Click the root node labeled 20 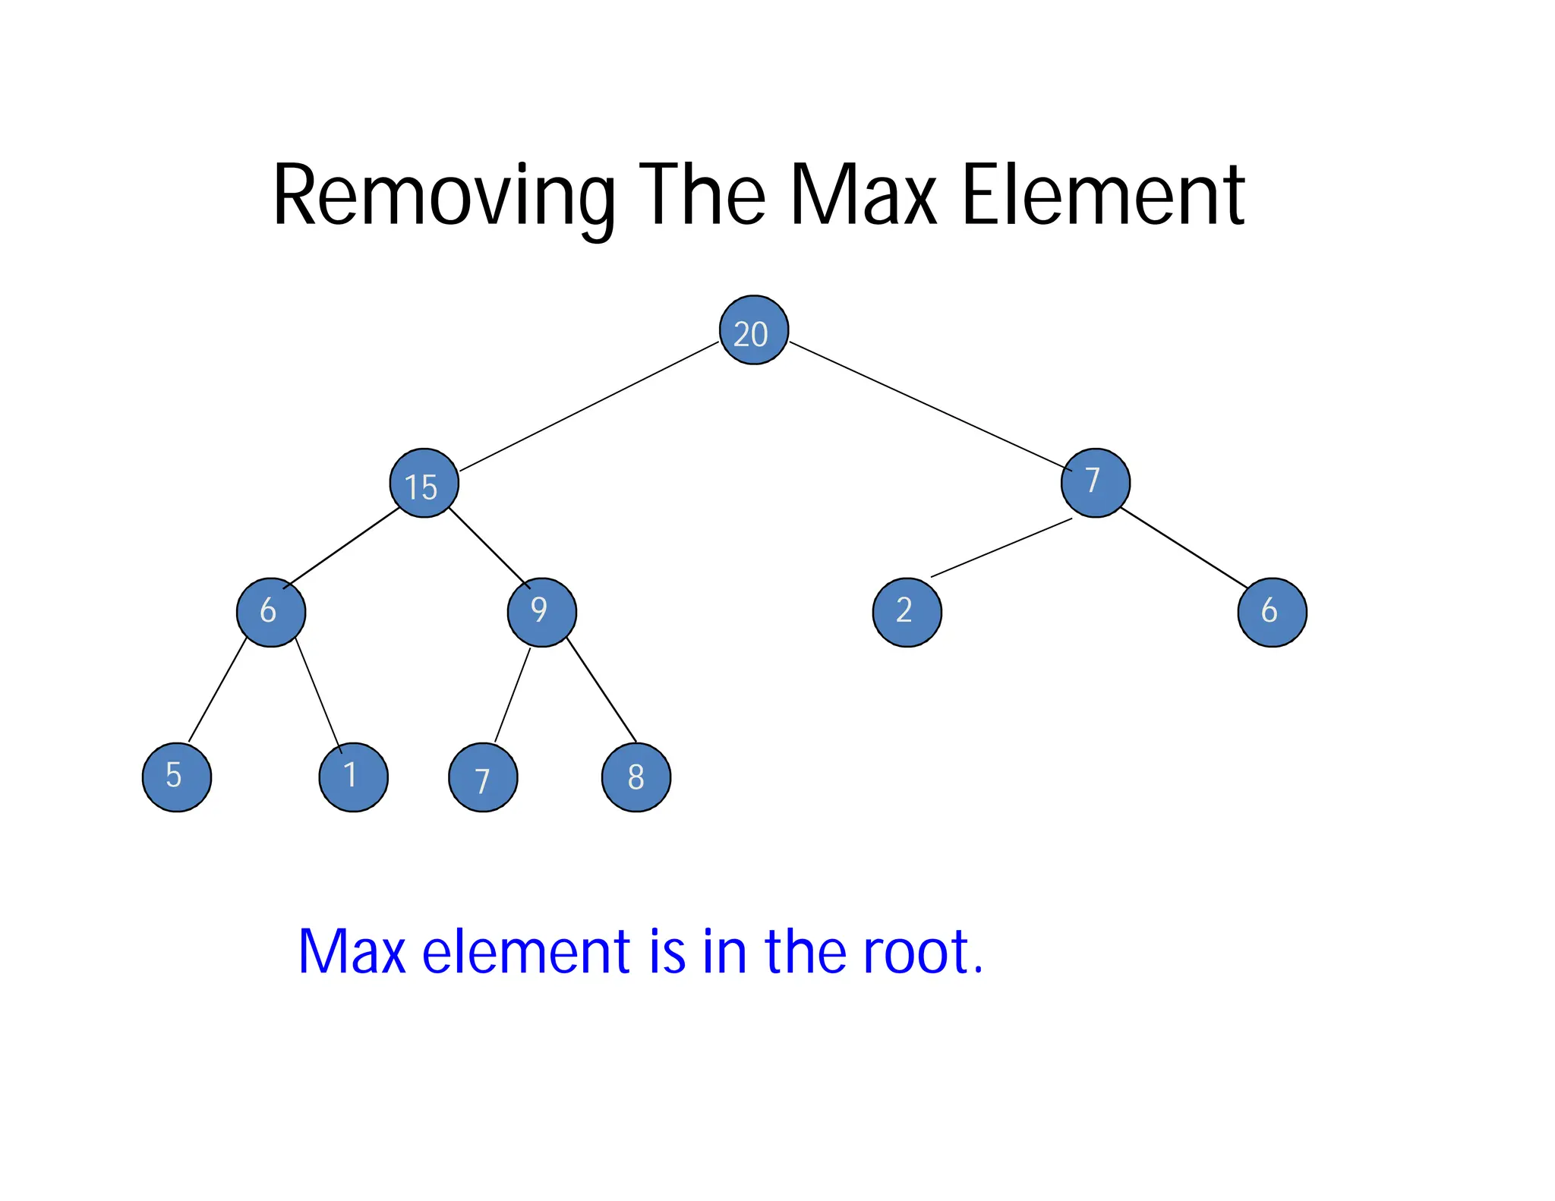(753, 330)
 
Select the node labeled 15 (424, 484)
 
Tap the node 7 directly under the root (1095, 483)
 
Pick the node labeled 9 (541, 612)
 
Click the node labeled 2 (907, 612)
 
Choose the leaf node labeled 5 (177, 777)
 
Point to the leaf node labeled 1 (353, 777)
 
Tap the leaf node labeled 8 (636, 777)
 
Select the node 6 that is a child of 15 (271, 612)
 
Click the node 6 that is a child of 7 (1272, 612)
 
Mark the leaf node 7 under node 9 (483, 777)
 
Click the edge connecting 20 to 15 (589, 406)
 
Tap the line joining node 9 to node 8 (601, 692)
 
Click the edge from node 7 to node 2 (1001, 547)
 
